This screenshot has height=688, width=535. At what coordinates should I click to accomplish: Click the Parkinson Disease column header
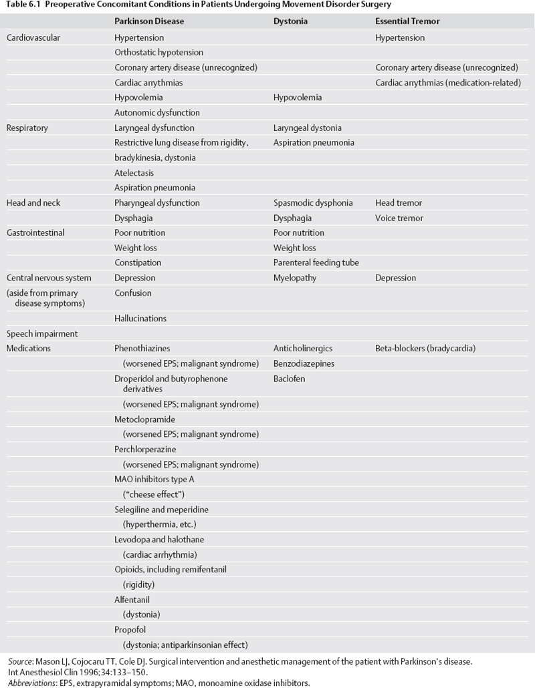(x=149, y=21)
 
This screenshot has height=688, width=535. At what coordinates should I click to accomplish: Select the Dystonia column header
(x=290, y=21)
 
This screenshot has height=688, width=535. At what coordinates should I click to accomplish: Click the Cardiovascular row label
(x=33, y=37)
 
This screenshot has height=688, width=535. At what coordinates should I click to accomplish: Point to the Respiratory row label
(x=27, y=128)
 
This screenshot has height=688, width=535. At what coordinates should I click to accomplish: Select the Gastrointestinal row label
(x=35, y=232)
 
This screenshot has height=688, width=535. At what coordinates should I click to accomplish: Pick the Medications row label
(x=29, y=348)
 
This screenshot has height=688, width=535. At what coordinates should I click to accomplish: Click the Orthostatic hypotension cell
(x=158, y=52)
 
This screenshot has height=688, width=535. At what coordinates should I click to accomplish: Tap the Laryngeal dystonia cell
(x=307, y=128)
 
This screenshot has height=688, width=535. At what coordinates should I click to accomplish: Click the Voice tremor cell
(x=399, y=218)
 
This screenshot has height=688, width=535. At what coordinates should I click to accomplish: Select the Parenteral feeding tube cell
(x=316, y=263)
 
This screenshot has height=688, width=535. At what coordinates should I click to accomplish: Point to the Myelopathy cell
(x=295, y=277)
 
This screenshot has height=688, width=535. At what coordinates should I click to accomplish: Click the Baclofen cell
(x=289, y=378)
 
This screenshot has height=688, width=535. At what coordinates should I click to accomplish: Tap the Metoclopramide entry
(x=144, y=419)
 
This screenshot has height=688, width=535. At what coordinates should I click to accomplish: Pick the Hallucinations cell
(x=140, y=318)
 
